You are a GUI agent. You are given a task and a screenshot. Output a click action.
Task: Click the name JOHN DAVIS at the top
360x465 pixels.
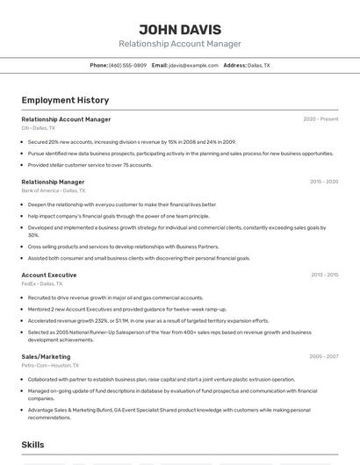click(x=179, y=29)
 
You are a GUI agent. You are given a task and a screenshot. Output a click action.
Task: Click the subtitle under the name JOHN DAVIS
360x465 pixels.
click(x=179, y=44)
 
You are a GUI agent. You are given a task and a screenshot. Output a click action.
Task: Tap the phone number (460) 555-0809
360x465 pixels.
click(x=127, y=65)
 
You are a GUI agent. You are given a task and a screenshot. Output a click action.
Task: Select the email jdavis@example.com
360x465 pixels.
click(x=193, y=65)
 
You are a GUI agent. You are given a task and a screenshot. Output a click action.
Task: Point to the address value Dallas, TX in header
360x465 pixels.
click(x=259, y=65)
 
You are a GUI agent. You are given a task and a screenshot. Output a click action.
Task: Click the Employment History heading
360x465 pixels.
click(x=65, y=100)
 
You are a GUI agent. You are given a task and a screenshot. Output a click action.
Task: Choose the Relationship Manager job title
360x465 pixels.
click(x=53, y=182)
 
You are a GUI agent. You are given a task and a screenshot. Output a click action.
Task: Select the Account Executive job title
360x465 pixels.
click(x=49, y=275)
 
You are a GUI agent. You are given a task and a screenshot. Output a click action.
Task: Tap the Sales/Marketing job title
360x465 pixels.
click(x=46, y=357)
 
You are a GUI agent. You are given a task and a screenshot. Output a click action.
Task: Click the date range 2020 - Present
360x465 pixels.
click(x=320, y=119)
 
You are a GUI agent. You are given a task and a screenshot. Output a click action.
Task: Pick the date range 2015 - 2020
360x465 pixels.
click(x=324, y=182)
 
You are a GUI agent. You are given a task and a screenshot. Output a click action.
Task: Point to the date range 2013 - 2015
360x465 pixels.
click(x=324, y=275)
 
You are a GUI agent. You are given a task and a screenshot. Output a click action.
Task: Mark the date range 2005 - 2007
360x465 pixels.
click(x=324, y=357)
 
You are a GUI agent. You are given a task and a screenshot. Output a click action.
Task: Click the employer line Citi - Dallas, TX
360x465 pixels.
click(x=38, y=128)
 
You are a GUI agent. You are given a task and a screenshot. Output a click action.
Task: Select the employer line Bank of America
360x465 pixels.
click(x=54, y=190)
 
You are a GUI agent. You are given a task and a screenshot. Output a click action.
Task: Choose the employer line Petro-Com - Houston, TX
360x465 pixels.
click(x=50, y=365)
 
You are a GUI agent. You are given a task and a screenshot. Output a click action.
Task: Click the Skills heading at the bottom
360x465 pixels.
click(x=32, y=445)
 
